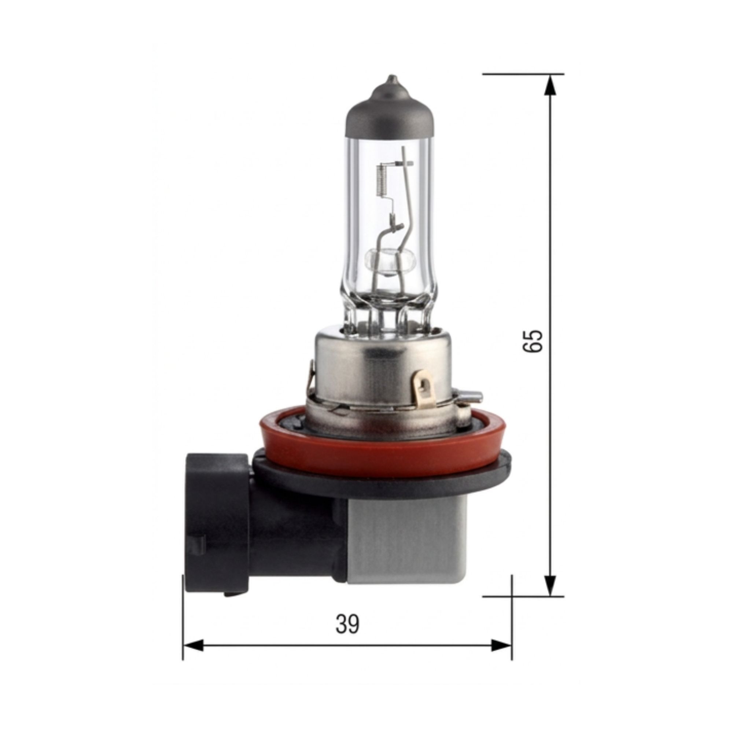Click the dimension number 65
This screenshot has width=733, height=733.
point(533,341)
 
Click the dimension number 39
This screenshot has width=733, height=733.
point(347,625)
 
